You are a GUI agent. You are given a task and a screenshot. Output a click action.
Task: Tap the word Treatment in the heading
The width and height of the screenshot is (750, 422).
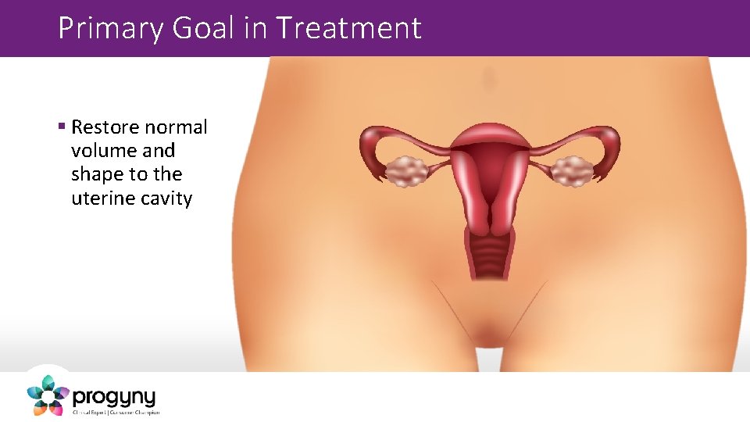pos(348,29)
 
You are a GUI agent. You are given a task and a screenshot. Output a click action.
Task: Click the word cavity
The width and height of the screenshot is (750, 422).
pos(164,198)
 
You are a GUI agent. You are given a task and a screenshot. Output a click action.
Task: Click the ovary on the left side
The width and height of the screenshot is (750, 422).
pos(405,171)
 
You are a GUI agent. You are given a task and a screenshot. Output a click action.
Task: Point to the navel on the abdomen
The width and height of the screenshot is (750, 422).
pos(489,78)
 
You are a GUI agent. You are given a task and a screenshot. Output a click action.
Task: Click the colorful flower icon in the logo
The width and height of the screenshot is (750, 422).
pos(48,394)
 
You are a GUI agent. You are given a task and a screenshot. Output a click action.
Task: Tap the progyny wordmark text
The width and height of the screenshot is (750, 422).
pos(114,396)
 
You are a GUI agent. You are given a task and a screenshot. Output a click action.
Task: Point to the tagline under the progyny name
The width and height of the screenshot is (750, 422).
pos(116,412)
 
